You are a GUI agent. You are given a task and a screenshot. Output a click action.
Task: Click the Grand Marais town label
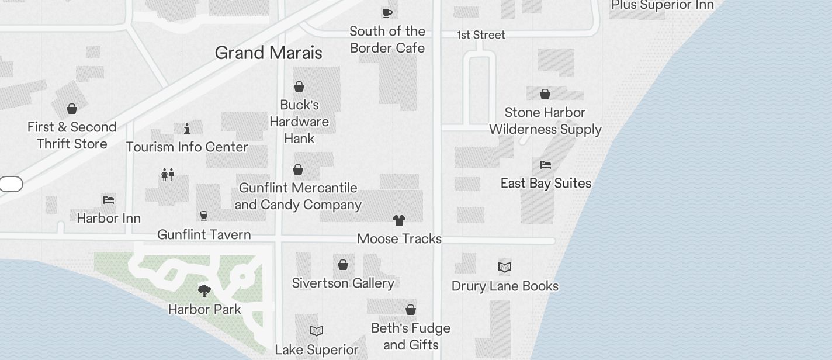click(268, 53)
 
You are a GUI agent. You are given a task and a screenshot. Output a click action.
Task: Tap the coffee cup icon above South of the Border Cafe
click(387, 13)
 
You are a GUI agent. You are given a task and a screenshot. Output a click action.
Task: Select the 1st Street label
click(481, 35)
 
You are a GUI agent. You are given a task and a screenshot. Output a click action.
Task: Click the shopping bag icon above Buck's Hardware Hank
click(299, 87)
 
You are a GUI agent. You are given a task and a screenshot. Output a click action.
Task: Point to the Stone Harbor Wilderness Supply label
click(545, 121)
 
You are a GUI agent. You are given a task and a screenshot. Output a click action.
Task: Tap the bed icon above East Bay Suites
click(546, 165)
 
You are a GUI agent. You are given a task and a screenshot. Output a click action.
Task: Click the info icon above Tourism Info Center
click(187, 129)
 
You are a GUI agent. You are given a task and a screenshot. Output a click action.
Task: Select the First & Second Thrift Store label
click(72, 136)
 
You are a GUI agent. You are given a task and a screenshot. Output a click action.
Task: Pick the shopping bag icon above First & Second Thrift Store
click(72, 109)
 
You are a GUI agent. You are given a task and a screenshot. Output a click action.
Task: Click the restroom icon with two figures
click(167, 175)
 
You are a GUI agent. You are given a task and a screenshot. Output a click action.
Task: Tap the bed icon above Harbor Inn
click(109, 200)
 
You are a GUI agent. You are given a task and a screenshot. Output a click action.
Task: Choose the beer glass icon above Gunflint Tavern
click(204, 216)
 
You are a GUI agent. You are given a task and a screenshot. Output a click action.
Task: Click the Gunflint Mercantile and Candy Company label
click(298, 196)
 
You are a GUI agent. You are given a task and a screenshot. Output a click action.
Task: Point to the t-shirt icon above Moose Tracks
click(399, 220)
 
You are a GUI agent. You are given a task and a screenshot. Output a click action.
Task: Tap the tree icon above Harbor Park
click(204, 290)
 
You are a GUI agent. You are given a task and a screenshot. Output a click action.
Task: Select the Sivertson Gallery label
click(343, 283)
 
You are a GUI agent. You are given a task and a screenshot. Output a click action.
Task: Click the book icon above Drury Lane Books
click(505, 268)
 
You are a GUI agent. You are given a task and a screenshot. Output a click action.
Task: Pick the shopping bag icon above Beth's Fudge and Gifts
click(411, 310)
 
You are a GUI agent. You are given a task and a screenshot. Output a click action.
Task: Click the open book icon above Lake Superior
click(317, 331)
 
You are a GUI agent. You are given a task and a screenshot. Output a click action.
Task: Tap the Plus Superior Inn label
click(662, 5)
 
